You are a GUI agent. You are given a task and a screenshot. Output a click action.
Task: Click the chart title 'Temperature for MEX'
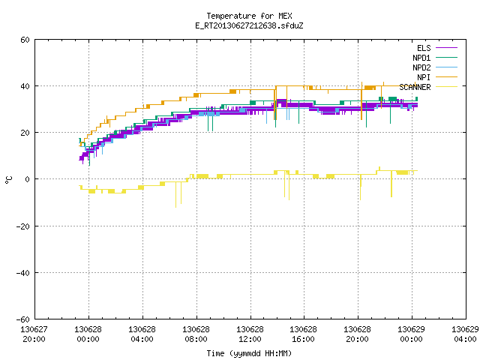click(249, 16)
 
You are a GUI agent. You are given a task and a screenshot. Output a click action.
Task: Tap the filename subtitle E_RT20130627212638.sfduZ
click(249, 25)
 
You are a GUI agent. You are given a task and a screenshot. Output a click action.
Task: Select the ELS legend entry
click(436, 48)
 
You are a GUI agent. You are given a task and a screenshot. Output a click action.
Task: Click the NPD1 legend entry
click(435, 58)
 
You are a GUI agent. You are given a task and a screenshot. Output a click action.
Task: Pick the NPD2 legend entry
click(435, 67)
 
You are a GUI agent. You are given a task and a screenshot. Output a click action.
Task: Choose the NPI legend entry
click(436, 77)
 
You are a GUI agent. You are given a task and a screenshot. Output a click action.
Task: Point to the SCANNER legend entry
click(428, 87)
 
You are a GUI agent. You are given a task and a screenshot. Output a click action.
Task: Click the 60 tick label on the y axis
click(25, 40)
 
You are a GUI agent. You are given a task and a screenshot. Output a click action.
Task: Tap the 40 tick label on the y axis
click(25, 86)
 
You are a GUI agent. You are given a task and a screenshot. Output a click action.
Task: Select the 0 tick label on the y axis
click(27, 179)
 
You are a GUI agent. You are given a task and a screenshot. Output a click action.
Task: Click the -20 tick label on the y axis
click(23, 226)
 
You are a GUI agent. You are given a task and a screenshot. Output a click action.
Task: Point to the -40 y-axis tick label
click(23, 273)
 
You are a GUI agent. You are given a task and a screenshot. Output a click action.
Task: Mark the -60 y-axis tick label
click(23, 319)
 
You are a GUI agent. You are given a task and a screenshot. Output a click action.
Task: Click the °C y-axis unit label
click(8, 180)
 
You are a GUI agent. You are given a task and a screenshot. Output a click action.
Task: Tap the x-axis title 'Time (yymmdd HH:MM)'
click(249, 353)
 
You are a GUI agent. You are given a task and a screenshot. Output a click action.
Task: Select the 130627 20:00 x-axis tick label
click(34, 334)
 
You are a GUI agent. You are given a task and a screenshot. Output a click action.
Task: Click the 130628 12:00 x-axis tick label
click(250, 334)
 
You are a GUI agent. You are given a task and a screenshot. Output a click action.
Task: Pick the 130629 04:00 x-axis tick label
click(465, 334)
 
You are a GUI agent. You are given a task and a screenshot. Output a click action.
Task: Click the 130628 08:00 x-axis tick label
click(196, 334)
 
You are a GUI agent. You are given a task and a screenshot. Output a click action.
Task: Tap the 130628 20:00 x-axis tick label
click(357, 334)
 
